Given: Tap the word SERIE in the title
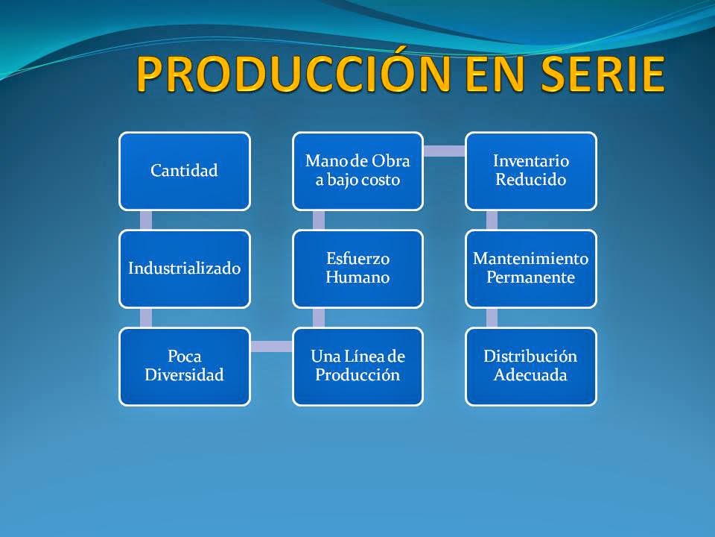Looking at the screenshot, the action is click(603, 74).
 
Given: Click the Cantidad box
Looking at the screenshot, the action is click(185, 172).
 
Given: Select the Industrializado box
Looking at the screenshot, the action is click(185, 269).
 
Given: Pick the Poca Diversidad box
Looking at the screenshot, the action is click(185, 366).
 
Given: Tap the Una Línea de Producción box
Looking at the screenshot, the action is click(358, 366).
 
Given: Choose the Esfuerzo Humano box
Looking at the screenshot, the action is click(358, 269).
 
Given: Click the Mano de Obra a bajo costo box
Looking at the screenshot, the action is click(358, 172).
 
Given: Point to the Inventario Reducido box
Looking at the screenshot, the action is click(531, 172).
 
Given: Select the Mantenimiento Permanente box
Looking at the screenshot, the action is click(531, 269).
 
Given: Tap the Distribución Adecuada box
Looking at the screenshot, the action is click(531, 366).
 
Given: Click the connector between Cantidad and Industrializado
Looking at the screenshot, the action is click(146, 220).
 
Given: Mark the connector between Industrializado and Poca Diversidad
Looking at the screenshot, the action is click(146, 318).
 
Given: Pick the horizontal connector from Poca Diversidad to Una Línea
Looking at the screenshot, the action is click(271, 347).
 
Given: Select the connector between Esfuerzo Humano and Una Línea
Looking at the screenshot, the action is click(319, 318).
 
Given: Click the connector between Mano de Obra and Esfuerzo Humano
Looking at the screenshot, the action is click(319, 220).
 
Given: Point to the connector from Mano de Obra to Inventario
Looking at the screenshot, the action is click(445, 151).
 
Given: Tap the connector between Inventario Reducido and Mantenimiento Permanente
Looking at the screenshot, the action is click(492, 220).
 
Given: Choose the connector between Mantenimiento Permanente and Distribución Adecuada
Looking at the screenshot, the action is click(492, 318).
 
